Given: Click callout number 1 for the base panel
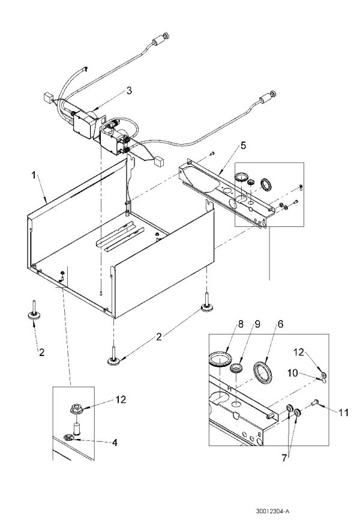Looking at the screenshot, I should pos(34,176).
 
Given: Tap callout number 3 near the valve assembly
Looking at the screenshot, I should pos(128,91).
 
